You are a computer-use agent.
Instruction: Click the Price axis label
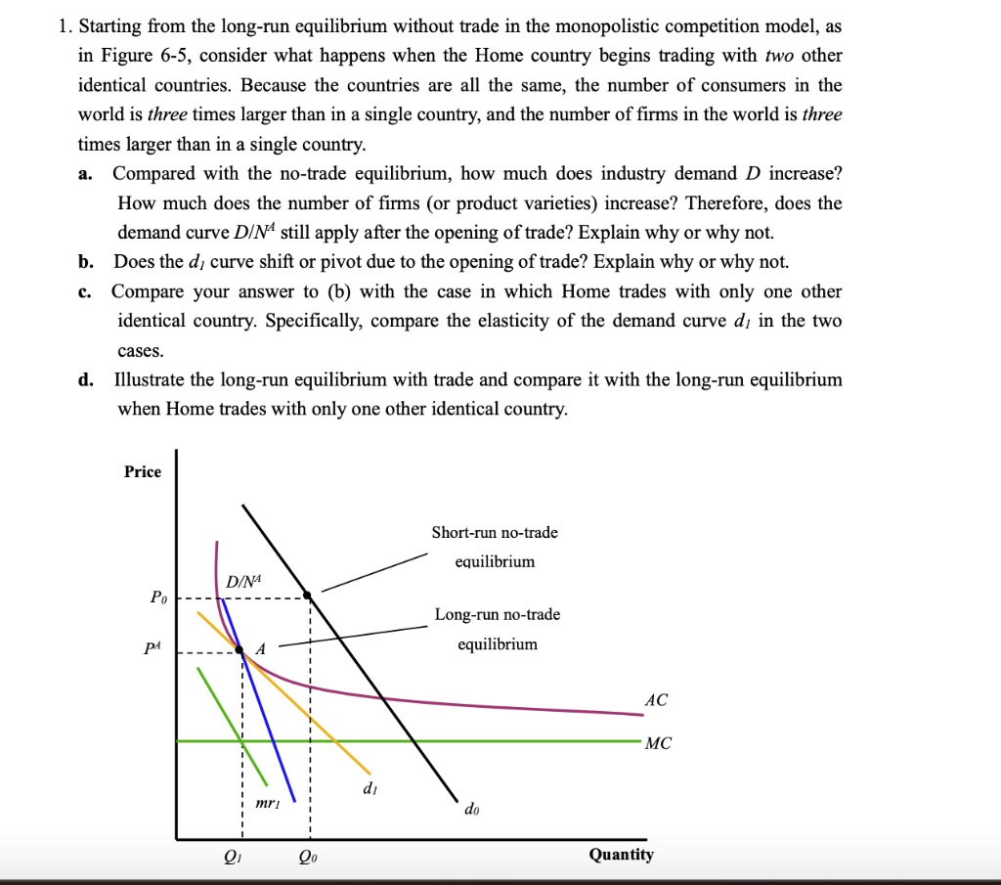pyautogui.click(x=143, y=471)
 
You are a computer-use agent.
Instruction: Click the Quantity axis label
pyautogui.click(x=621, y=854)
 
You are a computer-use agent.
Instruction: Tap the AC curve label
pyautogui.click(x=656, y=700)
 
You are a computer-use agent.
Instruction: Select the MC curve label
pyautogui.click(x=658, y=743)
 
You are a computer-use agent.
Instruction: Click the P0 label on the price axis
pyautogui.click(x=157, y=596)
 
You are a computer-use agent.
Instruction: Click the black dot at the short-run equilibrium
pyautogui.click(x=307, y=595)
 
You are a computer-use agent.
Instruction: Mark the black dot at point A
pyautogui.click(x=239, y=648)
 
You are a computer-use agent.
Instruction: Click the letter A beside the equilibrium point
pyautogui.click(x=260, y=647)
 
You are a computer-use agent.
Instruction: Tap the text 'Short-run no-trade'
pyautogui.click(x=495, y=532)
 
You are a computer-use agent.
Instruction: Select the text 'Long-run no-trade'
pyautogui.click(x=498, y=614)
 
